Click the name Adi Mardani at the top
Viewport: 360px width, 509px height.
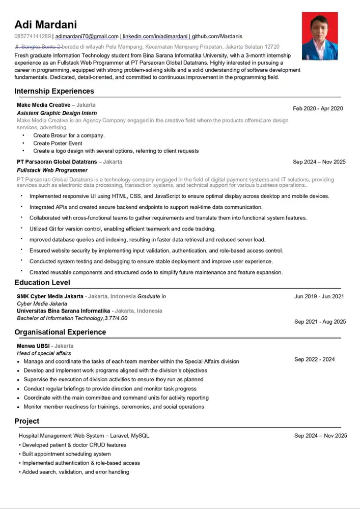click(x=45, y=24)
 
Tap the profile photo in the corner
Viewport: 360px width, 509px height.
click(x=320, y=36)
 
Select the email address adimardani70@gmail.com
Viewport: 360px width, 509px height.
click(x=87, y=37)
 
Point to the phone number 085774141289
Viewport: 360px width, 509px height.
click(x=33, y=37)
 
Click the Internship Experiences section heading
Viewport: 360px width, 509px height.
click(x=54, y=91)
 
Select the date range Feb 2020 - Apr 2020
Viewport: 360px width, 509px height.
click(x=318, y=108)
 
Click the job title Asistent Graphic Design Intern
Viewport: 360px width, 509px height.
click(x=57, y=113)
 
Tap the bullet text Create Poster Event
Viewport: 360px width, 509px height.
click(x=58, y=144)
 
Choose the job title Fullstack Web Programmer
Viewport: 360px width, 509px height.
click(x=52, y=170)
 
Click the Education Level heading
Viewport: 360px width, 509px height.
click(x=42, y=282)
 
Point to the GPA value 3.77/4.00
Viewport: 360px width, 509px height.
click(x=116, y=318)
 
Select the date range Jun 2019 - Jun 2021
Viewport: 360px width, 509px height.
click(x=319, y=296)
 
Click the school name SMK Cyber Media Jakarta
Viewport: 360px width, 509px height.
click(x=50, y=296)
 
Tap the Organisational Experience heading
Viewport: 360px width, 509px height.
click(x=60, y=332)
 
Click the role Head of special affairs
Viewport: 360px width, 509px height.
click(x=44, y=353)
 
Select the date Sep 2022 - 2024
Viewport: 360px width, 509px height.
click(x=314, y=359)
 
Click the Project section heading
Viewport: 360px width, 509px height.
click(x=27, y=421)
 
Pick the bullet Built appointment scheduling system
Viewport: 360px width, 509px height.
click(x=66, y=454)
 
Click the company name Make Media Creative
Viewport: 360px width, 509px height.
click(x=43, y=105)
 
